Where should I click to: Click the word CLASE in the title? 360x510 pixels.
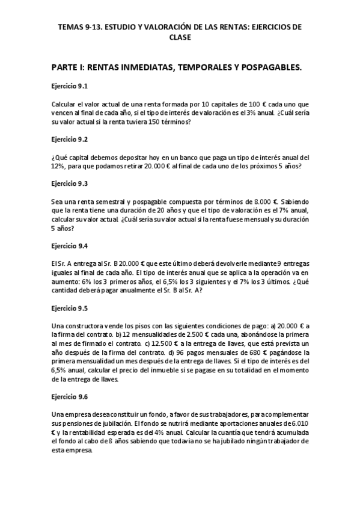(180, 37)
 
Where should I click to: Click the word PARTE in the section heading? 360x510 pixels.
(68, 68)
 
